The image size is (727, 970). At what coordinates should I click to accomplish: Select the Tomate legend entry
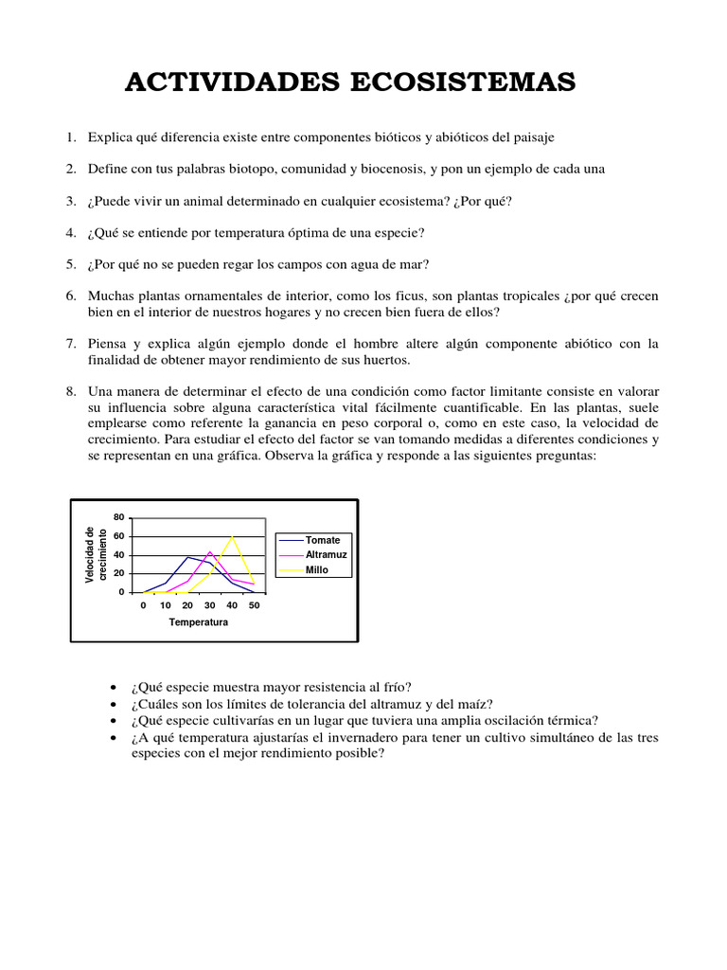pyautogui.click(x=322, y=540)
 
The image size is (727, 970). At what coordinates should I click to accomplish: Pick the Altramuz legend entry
pyautogui.click(x=324, y=555)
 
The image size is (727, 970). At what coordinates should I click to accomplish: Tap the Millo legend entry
pyautogui.click(x=316, y=570)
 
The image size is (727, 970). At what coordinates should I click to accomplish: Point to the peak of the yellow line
pyautogui.click(x=232, y=536)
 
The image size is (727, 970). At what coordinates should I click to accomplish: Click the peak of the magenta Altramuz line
pyautogui.click(x=210, y=551)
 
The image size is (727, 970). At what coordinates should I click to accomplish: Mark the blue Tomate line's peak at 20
pyautogui.click(x=187, y=557)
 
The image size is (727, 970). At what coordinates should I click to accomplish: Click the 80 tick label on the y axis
pyautogui.click(x=118, y=517)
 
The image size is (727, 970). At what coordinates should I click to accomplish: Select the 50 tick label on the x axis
pyautogui.click(x=254, y=604)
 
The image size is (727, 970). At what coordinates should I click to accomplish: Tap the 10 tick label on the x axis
pyautogui.click(x=165, y=604)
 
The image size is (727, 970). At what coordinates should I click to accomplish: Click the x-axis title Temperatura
pyautogui.click(x=199, y=622)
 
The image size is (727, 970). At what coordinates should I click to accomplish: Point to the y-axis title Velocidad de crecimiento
pyautogui.click(x=96, y=555)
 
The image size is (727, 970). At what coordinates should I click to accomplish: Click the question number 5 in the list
pyautogui.click(x=71, y=264)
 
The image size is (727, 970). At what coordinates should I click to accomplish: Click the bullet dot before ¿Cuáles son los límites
pyautogui.click(x=114, y=705)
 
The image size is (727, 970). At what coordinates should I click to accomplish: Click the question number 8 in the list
pyautogui.click(x=71, y=391)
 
